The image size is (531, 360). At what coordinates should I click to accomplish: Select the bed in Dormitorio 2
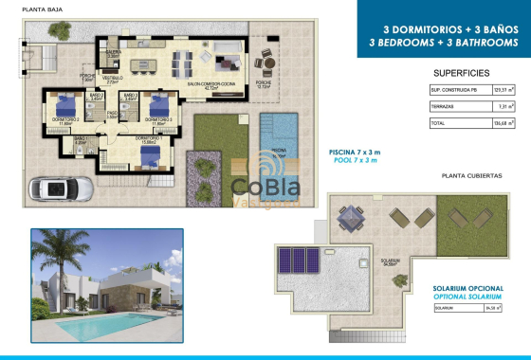(156, 105)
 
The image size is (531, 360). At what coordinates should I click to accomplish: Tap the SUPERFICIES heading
(461, 72)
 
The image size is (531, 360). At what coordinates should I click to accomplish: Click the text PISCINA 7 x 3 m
(354, 153)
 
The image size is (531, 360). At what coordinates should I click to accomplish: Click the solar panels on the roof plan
(301, 259)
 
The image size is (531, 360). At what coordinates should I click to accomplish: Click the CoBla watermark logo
(266, 189)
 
